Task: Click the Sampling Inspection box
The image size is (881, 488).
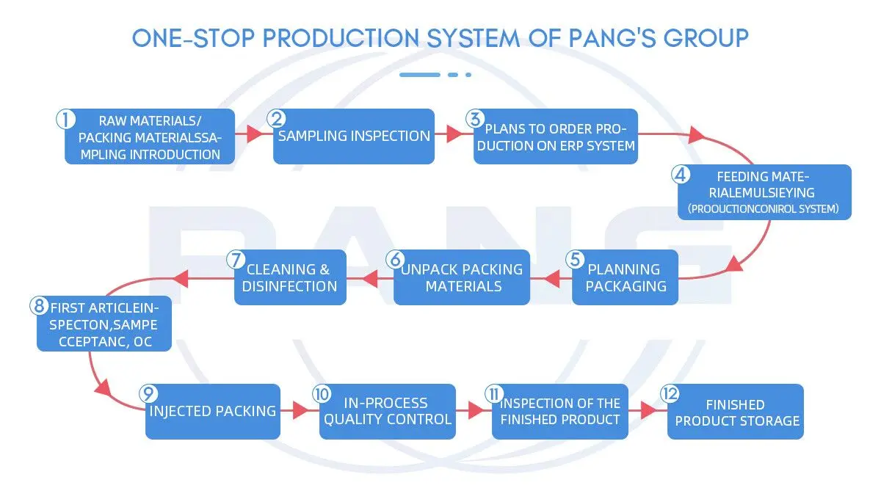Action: [353, 136]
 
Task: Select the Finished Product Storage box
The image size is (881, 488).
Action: [736, 412]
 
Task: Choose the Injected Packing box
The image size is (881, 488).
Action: [213, 411]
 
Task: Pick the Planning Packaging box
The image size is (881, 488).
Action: [626, 277]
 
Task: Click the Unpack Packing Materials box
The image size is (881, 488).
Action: [463, 277]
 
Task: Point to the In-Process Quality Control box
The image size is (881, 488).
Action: [388, 411]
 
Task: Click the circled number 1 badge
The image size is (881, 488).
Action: [66, 119]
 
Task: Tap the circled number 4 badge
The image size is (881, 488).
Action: [681, 175]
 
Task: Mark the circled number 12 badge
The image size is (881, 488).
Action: [670, 394]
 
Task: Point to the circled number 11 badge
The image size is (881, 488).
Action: [493, 394]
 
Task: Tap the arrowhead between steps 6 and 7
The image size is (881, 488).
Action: [367, 277]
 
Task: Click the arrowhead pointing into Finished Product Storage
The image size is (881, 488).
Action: [648, 411]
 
